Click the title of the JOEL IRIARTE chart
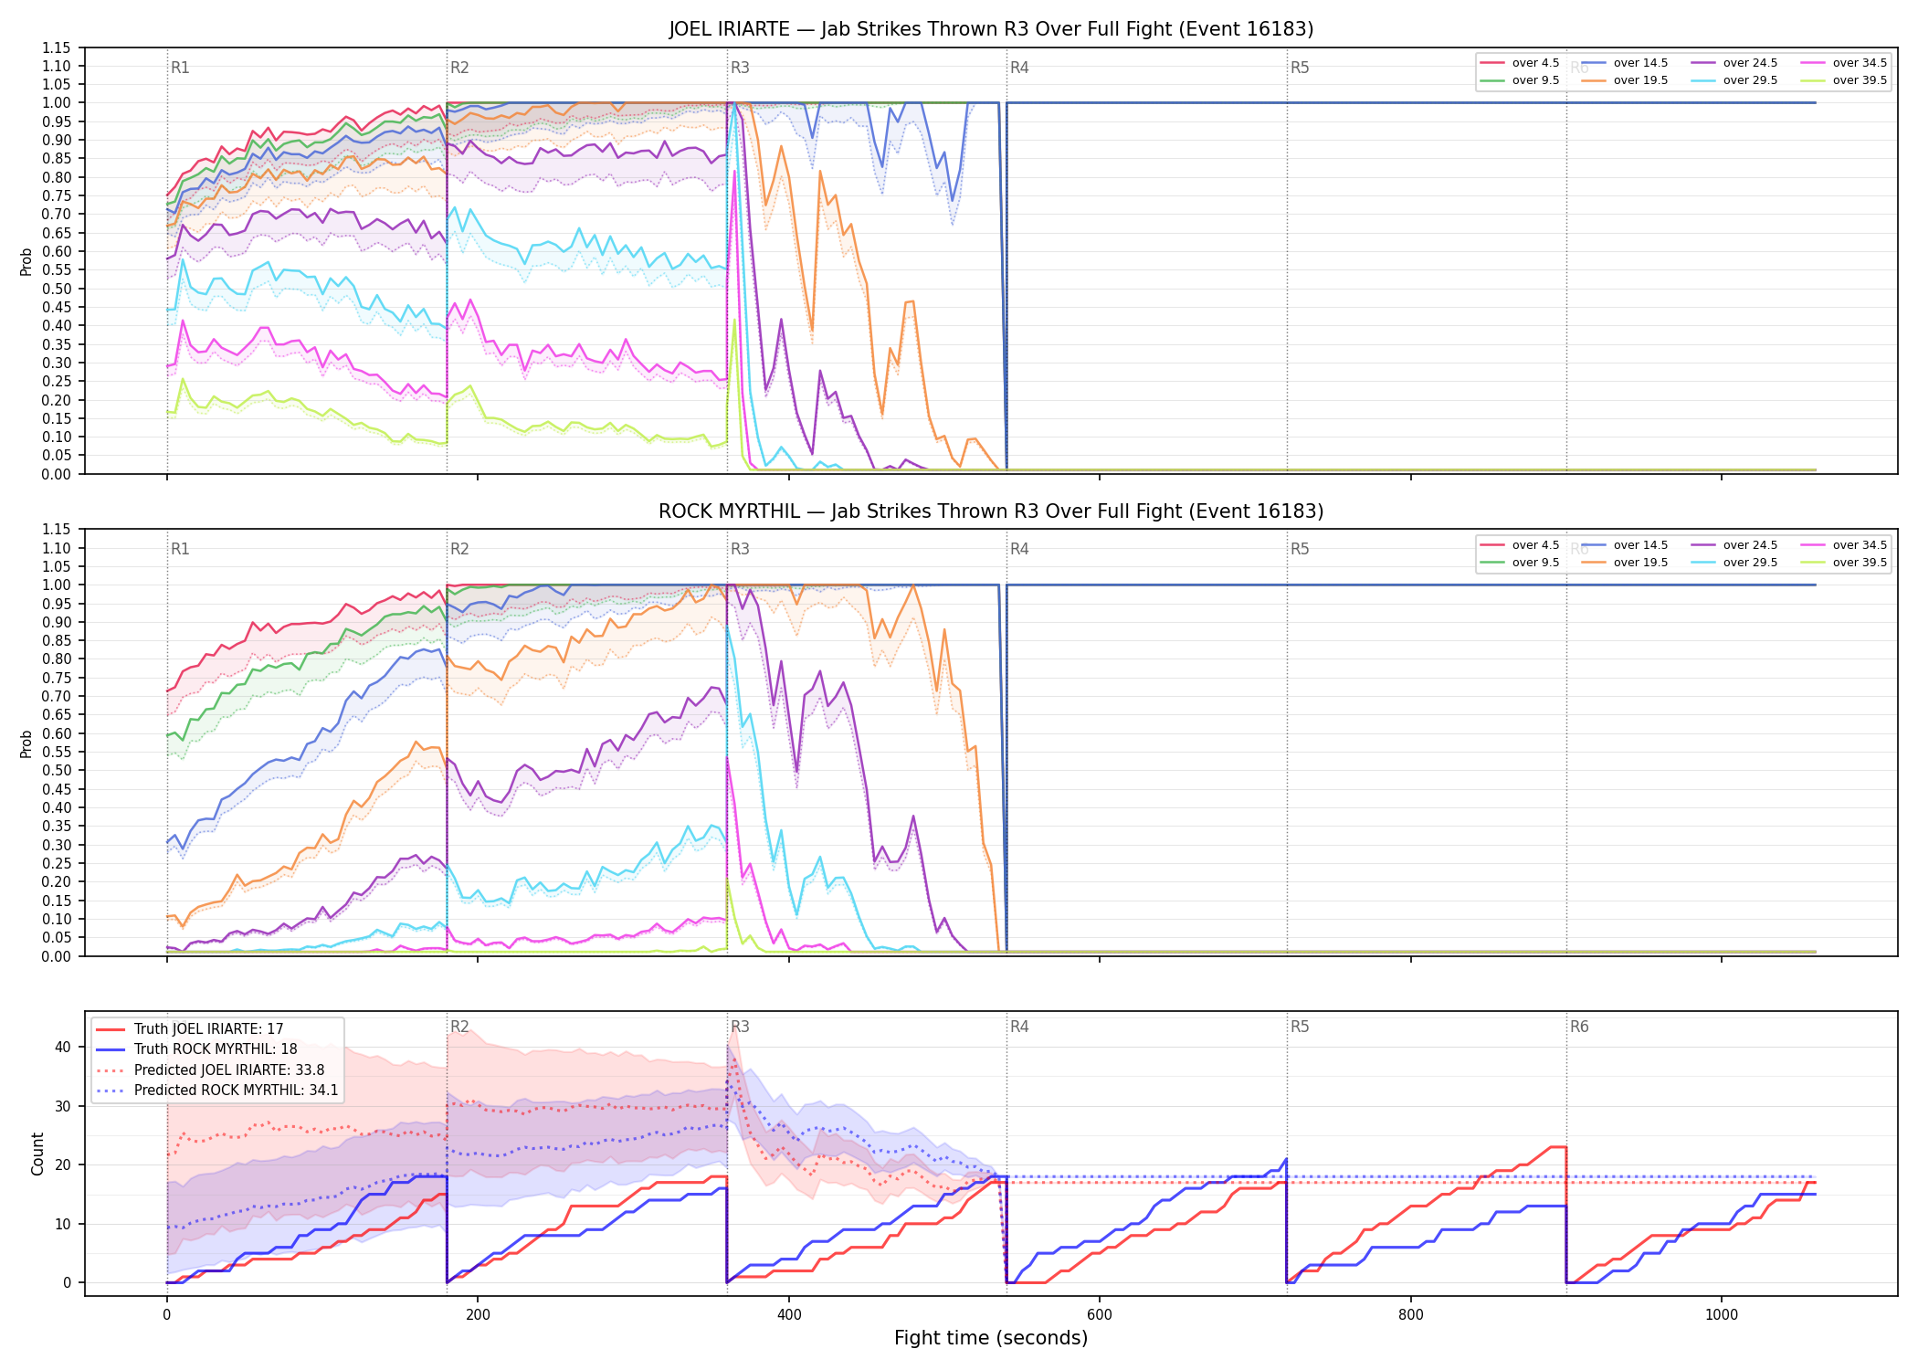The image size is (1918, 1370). pos(991,29)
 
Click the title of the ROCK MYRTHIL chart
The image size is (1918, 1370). pos(991,511)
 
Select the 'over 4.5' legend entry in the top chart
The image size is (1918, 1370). pos(1520,63)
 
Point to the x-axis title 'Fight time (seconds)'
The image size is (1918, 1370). pos(991,1338)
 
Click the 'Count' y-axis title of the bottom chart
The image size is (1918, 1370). pos(37,1154)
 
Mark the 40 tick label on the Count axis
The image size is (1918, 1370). pos(63,1047)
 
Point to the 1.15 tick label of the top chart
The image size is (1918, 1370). pos(56,47)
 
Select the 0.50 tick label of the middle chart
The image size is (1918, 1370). pos(56,770)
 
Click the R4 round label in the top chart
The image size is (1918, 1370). pos(1019,68)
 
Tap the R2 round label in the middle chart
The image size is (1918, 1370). pos(459,549)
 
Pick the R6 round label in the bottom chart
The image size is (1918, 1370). pos(1579,1027)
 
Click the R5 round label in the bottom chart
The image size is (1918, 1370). pos(1300,1027)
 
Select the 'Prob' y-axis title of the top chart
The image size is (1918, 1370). pos(26,261)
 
